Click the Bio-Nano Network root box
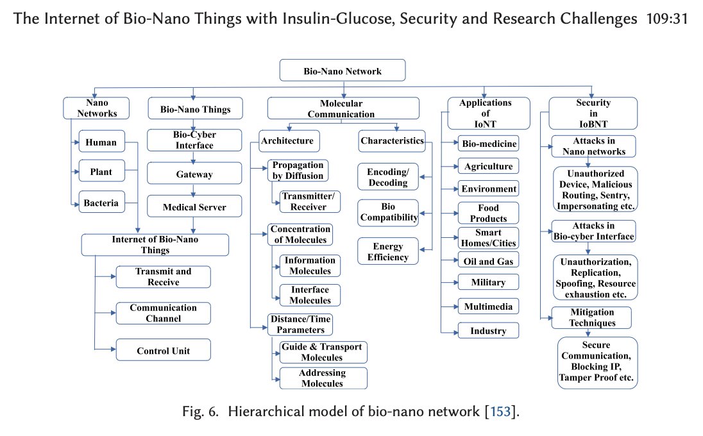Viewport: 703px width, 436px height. tap(343, 71)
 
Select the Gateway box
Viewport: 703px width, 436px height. tap(194, 173)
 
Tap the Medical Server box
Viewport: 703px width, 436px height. tap(194, 206)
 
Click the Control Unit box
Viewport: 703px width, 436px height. tap(163, 350)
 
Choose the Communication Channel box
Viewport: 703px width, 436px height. tap(163, 314)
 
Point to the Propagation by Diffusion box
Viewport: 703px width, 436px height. tap(298, 171)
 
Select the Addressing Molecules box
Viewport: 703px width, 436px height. tap(323, 378)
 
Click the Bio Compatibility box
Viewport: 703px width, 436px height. tap(388, 212)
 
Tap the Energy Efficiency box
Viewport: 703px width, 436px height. tap(388, 251)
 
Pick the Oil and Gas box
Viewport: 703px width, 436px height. tap(488, 260)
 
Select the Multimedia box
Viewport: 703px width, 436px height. tap(488, 306)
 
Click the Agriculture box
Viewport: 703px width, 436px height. tap(488, 166)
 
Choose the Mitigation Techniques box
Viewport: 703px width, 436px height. tap(591, 317)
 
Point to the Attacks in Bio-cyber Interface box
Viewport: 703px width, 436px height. tap(593, 231)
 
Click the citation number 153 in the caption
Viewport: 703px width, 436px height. tap(500, 412)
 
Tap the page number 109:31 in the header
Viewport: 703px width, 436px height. tap(667, 19)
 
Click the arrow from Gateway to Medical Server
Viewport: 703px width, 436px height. tap(193, 190)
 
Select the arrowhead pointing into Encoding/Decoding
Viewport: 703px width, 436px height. tap(422, 177)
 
